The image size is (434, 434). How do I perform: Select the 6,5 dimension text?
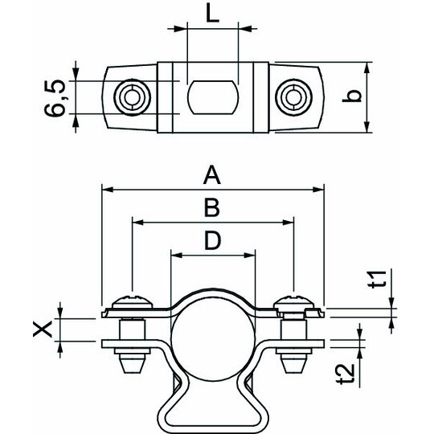[55, 97]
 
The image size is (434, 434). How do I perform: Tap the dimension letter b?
[351, 96]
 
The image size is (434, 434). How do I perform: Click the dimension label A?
[212, 175]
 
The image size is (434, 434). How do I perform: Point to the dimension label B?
[212, 207]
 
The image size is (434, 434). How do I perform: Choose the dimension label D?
[212, 240]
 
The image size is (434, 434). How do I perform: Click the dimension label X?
[43, 329]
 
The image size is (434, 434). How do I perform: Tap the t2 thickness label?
[346, 374]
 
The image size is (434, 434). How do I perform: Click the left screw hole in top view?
[133, 97]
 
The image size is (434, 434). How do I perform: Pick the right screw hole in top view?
[293, 97]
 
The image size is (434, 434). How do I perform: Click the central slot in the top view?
[213, 97]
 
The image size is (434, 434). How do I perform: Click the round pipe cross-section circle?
[213, 338]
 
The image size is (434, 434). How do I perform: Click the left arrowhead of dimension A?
[108, 190]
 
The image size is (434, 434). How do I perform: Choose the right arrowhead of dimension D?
[249, 256]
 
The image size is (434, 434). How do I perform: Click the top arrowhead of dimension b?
[366, 68]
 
